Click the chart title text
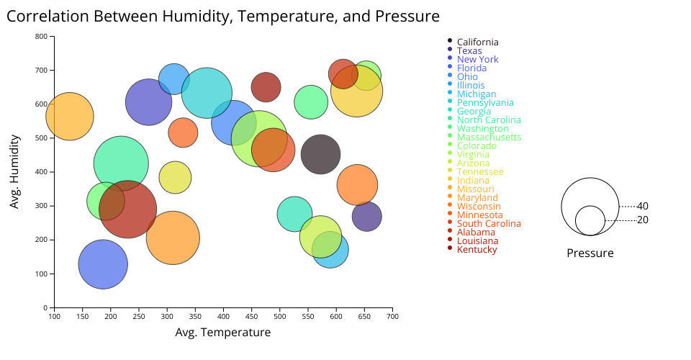click(x=222, y=17)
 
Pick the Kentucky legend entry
click(x=477, y=250)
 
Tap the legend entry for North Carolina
click(x=493, y=120)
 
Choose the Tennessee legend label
click(x=480, y=172)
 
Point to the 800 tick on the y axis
click(x=42, y=37)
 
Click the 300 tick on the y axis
click(x=42, y=206)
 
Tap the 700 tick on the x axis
click(x=392, y=316)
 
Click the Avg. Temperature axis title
click(x=223, y=333)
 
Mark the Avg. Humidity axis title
click(x=14, y=171)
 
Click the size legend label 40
click(x=643, y=207)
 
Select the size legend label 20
click(x=643, y=220)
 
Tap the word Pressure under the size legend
click(x=590, y=253)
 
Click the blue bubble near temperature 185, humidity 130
click(x=103, y=264)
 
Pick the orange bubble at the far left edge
click(x=69, y=116)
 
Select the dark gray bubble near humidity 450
click(x=320, y=154)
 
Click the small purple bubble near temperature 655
click(x=366, y=216)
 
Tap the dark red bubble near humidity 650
click(x=266, y=87)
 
